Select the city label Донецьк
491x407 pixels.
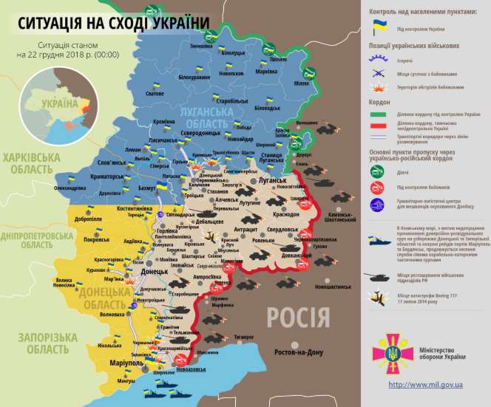point(156,271)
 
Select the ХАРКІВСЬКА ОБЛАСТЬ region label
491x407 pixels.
point(32,164)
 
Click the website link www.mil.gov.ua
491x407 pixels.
point(426,385)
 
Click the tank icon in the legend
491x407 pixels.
point(379,276)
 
